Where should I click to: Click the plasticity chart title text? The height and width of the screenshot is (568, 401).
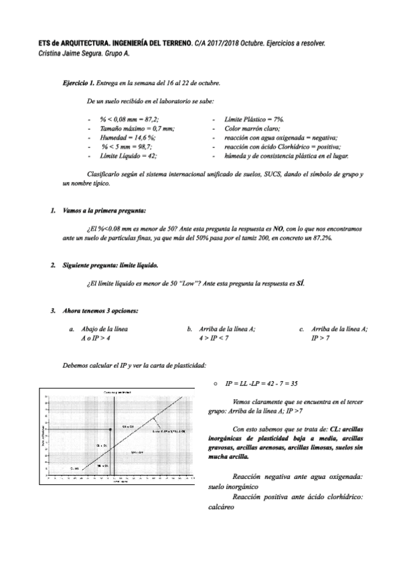(116, 390)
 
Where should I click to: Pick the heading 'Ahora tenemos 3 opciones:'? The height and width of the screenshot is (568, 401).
(100, 311)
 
